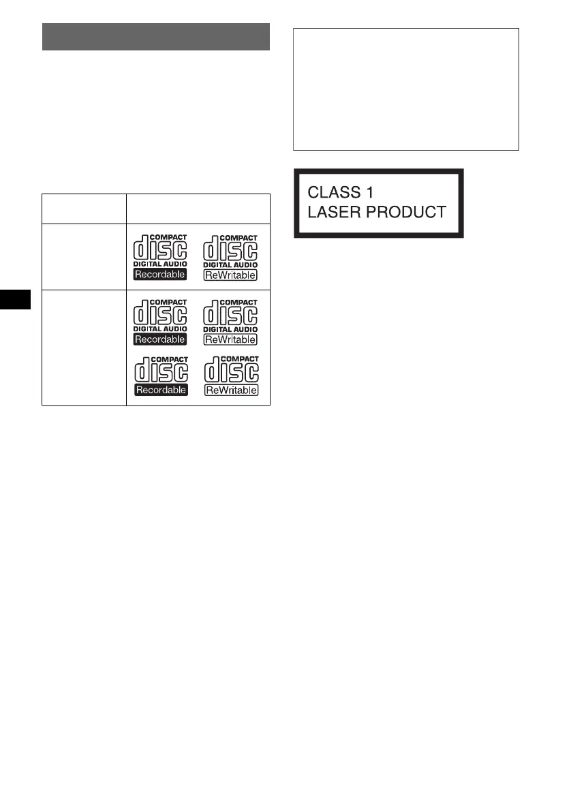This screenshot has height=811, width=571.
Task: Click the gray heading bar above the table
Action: (156, 37)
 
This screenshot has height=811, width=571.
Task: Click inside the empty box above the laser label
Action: (406, 89)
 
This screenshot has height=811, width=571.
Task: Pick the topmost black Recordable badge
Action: (161, 275)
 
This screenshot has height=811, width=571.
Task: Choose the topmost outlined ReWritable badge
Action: (230, 275)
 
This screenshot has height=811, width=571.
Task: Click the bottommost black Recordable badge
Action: (161, 391)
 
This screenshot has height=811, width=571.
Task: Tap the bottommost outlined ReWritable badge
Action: (230, 391)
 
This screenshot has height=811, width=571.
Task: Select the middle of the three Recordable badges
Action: (161, 339)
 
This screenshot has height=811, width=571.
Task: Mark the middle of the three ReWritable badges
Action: (230, 339)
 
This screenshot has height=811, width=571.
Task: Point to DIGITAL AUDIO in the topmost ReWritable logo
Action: (230, 264)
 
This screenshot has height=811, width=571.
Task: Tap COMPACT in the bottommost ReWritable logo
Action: (241, 359)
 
